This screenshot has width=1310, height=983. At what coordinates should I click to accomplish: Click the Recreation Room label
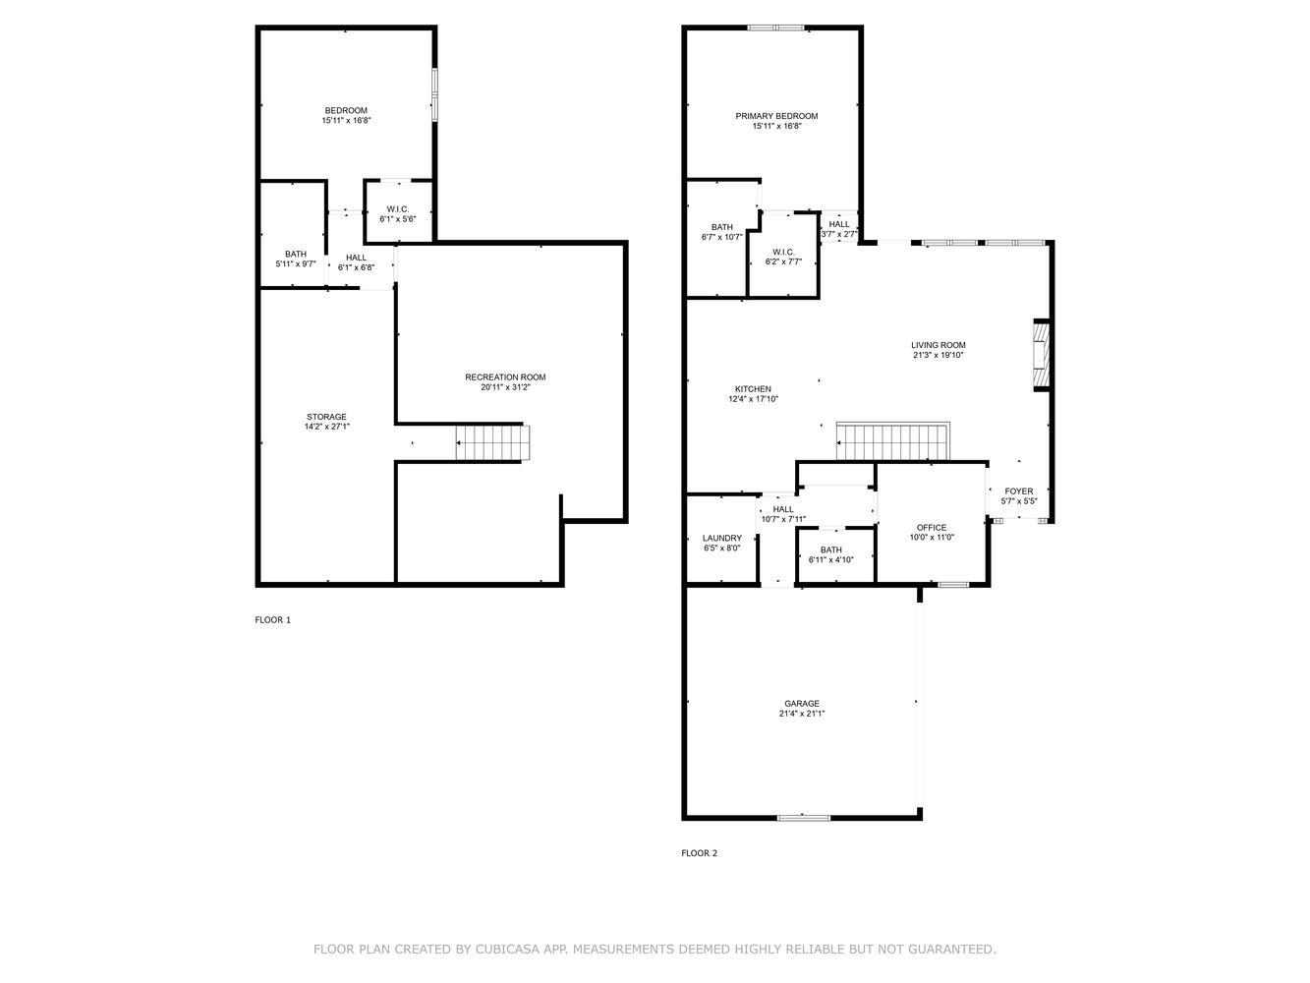pos(505,377)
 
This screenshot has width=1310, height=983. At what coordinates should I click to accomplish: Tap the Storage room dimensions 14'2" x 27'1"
pos(326,427)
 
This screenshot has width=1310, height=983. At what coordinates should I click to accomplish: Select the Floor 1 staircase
pos(493,443)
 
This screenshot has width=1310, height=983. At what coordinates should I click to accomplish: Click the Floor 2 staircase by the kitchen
pos(893,441)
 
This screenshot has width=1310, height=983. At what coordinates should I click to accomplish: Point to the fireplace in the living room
pos(1041,355)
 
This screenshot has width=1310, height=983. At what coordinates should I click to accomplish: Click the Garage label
pos(802,704)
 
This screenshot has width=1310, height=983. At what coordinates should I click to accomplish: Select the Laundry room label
pos(722,538)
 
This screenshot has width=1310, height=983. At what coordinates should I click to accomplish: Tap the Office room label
pos(931,528)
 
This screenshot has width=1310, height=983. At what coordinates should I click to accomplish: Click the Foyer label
pos(1019,491)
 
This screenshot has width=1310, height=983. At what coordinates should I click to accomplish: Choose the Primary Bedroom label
pos(776,116)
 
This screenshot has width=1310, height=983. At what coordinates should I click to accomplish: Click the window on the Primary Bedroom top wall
pos(775,28)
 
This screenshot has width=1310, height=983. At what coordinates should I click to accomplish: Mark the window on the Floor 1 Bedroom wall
pos(434,95)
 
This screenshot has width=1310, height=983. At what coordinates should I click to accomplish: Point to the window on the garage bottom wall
pos(803,818)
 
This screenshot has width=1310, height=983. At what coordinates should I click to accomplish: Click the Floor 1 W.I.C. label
pos(397,209)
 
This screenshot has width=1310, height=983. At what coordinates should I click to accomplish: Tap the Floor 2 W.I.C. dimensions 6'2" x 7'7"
pos(783,261)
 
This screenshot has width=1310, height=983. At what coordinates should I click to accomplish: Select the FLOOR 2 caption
pos(699,853)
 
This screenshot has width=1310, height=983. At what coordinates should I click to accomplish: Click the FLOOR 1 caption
pos(273,619)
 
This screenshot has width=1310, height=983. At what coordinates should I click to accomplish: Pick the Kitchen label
pos(753,389)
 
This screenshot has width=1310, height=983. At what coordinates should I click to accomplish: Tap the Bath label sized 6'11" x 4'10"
pos(830,549)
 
